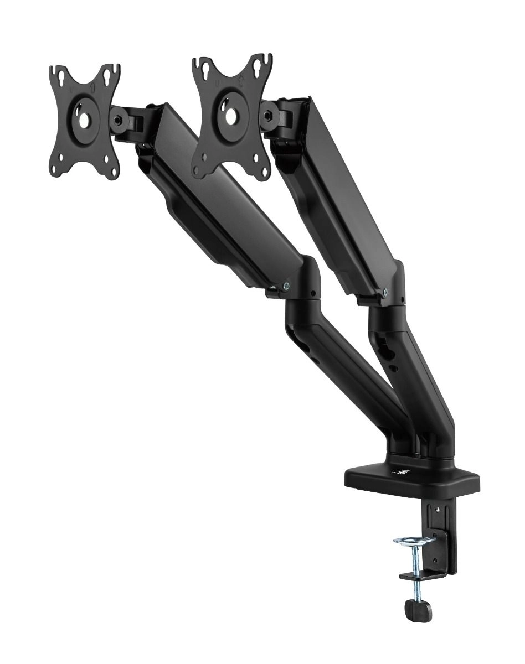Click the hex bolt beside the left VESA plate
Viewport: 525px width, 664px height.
click(118, 121)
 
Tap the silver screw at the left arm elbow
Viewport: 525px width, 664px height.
click(286, 286)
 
